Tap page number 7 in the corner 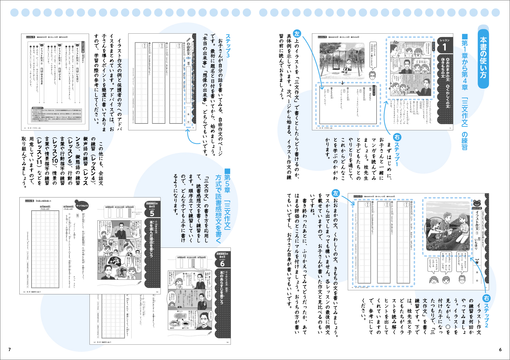[10, 349]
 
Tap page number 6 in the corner [500, 349]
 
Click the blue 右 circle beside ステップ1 [396, 137]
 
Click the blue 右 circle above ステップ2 [487, 298]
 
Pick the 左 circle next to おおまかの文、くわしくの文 [336, 193]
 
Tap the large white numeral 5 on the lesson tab [152, 213]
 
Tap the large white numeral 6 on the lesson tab [222, 263]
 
